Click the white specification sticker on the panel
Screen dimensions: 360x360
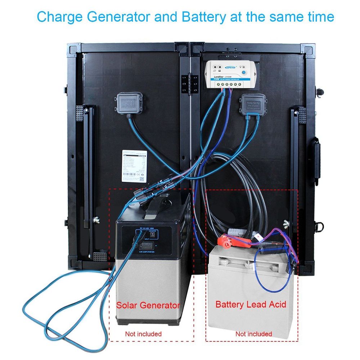(x=133, y=166)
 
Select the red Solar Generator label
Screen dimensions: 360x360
(x=148, y=306)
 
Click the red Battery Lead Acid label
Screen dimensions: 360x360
(x=251, y=305)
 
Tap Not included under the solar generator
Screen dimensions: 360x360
(x=143, y=334)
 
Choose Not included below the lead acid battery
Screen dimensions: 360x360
(x=254, y=334)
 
